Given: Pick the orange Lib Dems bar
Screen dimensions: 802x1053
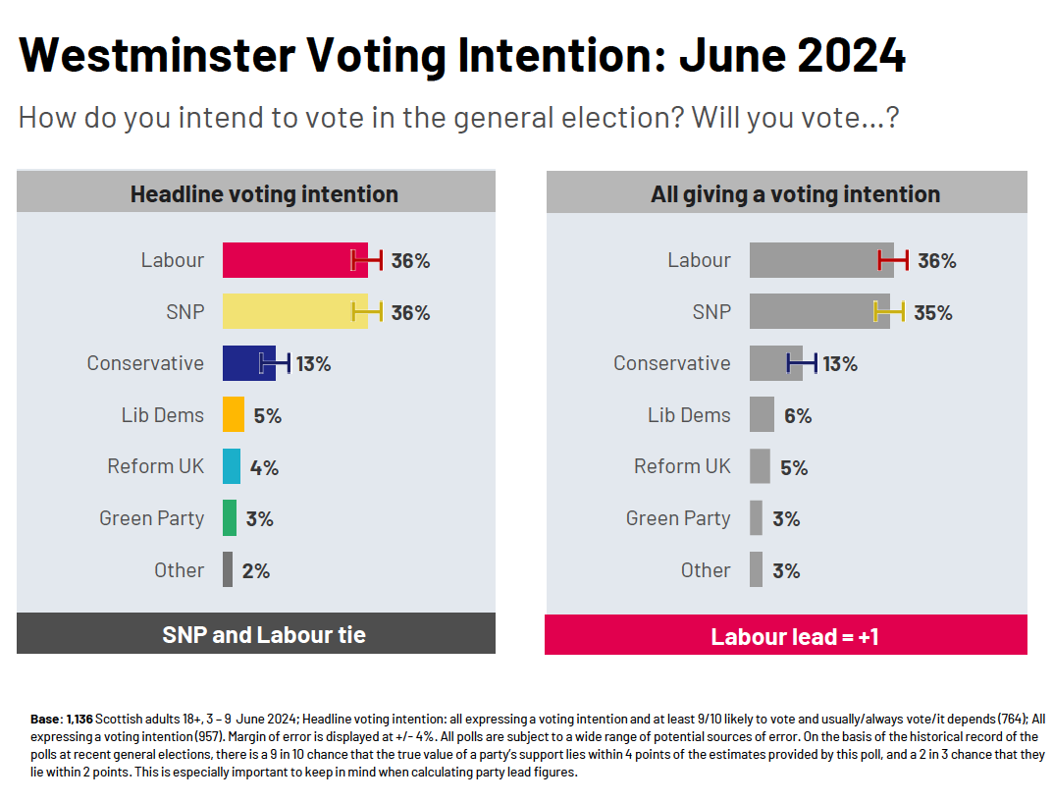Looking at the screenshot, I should click(x=234, y=414).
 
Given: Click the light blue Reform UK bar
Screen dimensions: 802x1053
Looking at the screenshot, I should click(x=232, y=466).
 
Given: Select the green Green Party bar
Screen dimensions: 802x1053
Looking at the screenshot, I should click(x=230, y=518).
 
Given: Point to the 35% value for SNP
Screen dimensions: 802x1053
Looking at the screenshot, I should click(x=933, y=312).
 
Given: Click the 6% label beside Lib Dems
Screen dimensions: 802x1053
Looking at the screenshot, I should click(x=798, y=415).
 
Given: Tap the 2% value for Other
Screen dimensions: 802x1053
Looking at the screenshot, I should click(x=256, y=570).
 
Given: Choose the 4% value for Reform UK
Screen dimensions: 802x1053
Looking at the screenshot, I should click(x=264, y=467).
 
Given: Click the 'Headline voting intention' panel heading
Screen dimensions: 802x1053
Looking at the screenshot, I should click(x=264, y=194).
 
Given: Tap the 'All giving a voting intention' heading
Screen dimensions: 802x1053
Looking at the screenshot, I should click(x=795, y=194).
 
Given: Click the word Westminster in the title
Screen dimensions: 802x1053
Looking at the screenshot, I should click(x=157, y=56).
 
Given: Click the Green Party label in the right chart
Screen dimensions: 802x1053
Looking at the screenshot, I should click(x=678, y=518).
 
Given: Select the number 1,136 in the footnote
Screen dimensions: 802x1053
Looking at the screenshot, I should click(x=79, y=720).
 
